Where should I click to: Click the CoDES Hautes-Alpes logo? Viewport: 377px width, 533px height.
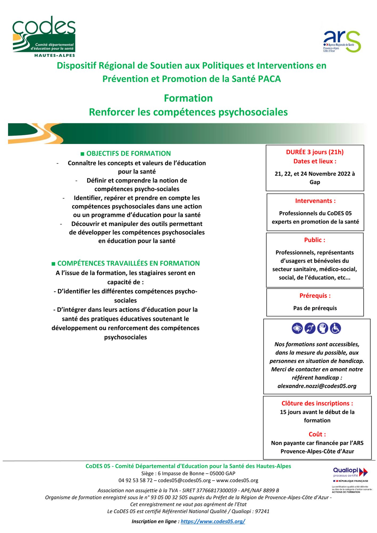(44, 36)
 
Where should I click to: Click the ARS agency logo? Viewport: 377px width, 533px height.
(342, 41)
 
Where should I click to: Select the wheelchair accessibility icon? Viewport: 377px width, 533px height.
(335, 328)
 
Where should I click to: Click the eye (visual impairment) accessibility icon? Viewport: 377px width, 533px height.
(297, 328)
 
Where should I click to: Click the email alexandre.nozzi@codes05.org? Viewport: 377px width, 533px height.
(317, 386)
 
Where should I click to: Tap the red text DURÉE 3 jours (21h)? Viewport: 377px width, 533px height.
(315, 152)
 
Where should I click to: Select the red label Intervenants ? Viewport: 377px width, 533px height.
(315, 201)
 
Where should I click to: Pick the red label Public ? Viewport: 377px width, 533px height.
(315, 240)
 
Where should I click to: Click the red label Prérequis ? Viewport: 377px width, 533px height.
(315, 296)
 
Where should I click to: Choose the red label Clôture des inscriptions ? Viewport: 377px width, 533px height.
(317, 403)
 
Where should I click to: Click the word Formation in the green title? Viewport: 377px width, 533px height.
(188, 98)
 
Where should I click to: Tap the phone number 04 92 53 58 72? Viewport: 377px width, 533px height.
(136, 480)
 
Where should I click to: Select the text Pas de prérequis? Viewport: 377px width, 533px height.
(315, 308)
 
